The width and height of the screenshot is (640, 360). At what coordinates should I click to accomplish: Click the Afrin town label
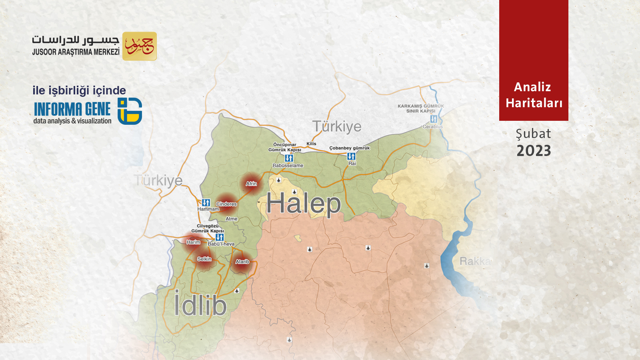[251, 184]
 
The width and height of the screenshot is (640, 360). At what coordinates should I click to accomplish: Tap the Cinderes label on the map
[226, 204]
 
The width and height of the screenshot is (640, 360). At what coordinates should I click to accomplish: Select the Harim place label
[193, 242]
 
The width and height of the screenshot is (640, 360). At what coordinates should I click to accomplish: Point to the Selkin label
[204, 259]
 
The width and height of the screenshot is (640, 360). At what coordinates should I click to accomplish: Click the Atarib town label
[242, 262]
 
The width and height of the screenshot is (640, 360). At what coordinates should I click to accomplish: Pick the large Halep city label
[303, 204]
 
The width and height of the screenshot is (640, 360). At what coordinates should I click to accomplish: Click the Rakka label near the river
[475, 261]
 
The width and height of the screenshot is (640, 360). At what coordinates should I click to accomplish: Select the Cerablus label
[432, 126]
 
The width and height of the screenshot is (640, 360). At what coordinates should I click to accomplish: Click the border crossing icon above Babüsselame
[289, 158]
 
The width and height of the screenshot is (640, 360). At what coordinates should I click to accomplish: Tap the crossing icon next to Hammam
[206, 202]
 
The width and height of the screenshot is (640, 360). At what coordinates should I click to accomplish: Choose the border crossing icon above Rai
[351, 156]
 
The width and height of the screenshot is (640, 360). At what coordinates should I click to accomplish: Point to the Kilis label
[311, 144]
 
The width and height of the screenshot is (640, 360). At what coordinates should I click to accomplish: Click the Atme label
[231, 219]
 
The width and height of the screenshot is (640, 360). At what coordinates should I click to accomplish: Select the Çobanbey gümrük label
[349, 148]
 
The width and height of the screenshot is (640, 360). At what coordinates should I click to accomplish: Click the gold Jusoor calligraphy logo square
[139, 46]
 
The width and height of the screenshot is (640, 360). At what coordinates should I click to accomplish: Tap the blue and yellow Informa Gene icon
[130, 111]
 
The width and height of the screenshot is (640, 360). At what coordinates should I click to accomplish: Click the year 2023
[534, 151]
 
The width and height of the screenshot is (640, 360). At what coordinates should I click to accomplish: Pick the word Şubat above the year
[533, 134]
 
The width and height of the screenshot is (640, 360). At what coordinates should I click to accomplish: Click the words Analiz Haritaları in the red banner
[534, 95]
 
